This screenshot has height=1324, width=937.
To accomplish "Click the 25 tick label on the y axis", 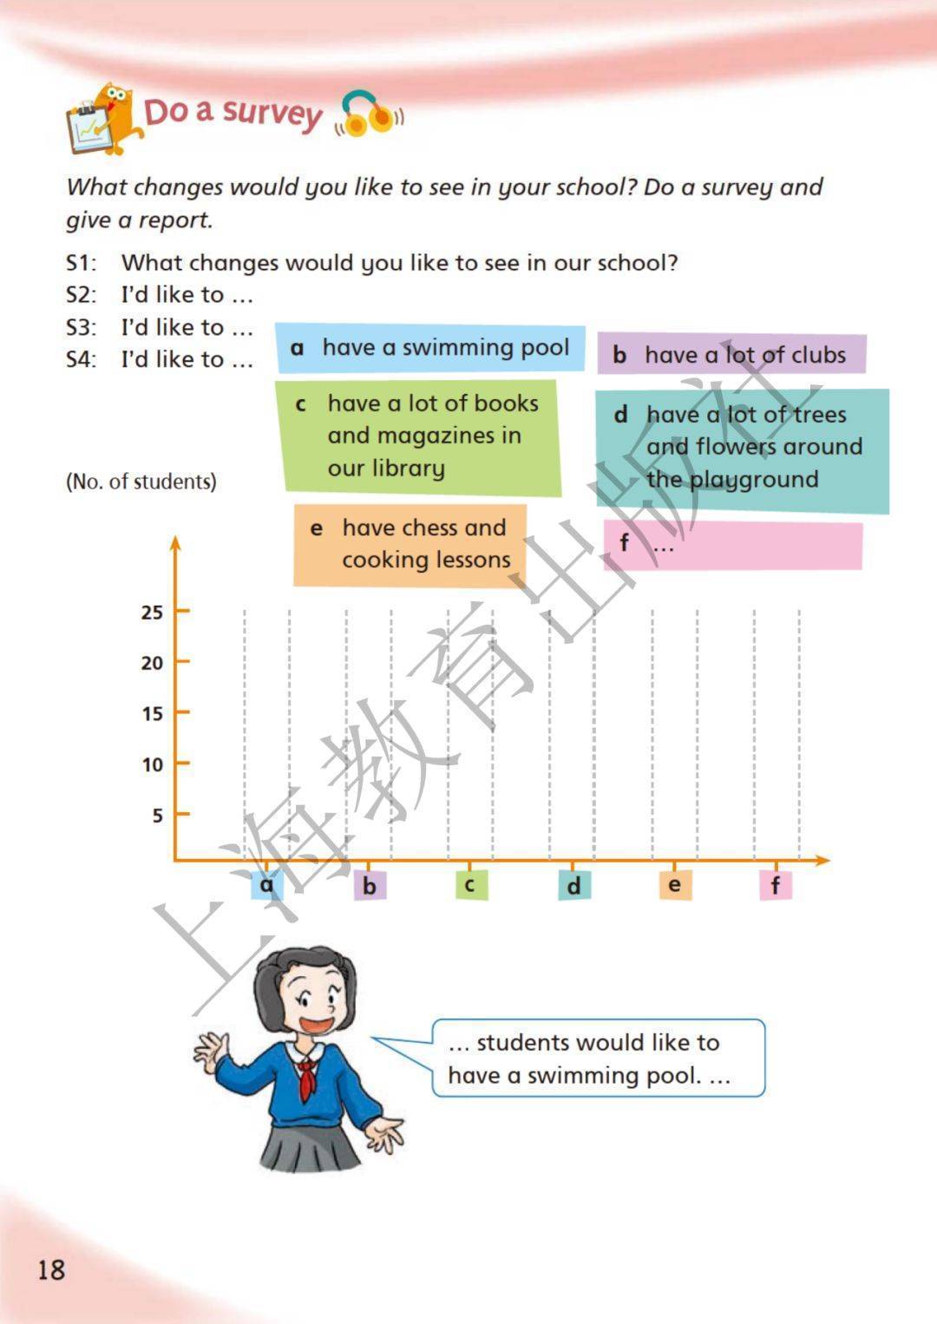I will (152, 612).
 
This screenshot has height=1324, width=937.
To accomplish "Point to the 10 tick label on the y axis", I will (152, 764).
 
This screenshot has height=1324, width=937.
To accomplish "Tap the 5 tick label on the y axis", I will (157, 816).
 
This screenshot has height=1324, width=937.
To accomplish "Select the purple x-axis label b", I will (370, 886).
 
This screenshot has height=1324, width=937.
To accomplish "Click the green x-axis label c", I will (470, 885).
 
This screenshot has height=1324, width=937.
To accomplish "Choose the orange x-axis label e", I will (674, 885).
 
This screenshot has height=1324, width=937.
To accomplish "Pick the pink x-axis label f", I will (776, 886).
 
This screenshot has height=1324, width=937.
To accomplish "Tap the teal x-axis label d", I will (573, 886).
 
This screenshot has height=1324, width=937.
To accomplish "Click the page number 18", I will (50, 1270).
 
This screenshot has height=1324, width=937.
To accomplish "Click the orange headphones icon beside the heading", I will (369, 115).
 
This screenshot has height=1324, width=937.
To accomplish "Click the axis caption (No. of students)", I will (141, 482).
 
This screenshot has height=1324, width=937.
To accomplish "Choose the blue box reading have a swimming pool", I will (430, 348).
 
